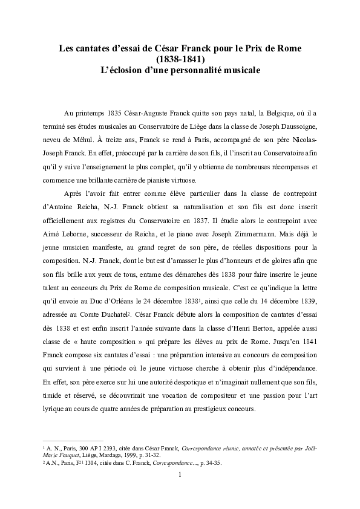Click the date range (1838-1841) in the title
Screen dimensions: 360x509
pyautogui.click(x=180, y=59)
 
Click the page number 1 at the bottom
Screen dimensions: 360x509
pyautogui.click(x=180, y=474)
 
